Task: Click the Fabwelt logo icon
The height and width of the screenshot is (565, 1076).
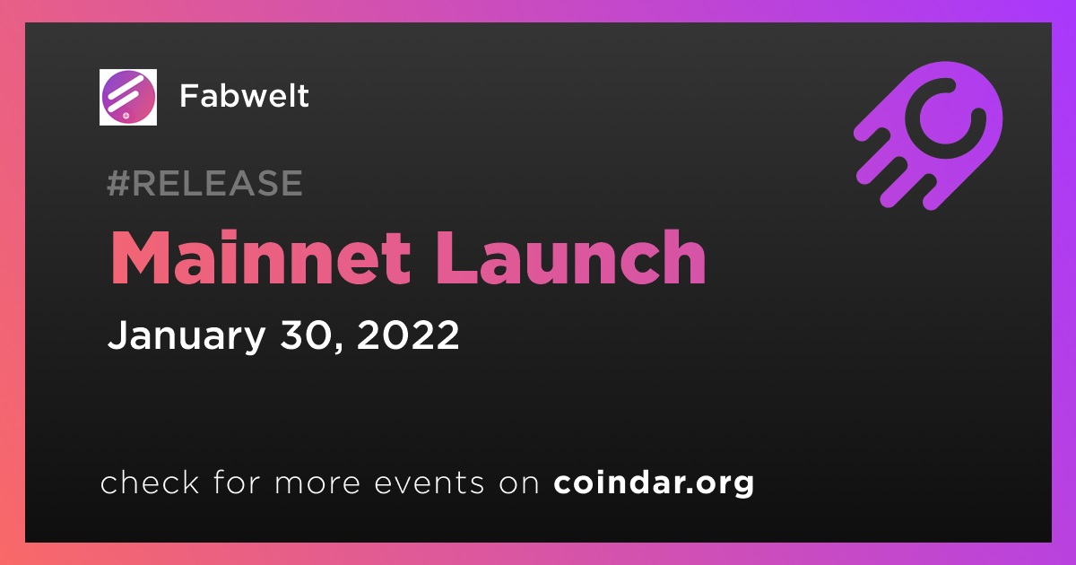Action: click(127, 97)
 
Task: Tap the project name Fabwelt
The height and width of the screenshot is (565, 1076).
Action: click(244, 96)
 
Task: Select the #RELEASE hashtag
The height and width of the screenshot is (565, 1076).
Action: click(204, 183)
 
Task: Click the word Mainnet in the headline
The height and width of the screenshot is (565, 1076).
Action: click(260, 257)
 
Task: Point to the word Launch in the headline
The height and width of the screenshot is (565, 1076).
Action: click(570, 257)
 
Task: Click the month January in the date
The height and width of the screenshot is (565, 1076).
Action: click(187, 335)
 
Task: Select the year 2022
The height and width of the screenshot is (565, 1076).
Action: click(408, 334)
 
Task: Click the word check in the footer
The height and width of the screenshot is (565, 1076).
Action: click(150, 482)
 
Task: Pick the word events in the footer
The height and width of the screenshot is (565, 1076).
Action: click(429, 482)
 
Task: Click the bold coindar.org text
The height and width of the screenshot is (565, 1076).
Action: click(654, 483)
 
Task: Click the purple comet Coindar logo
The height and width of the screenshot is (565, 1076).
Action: click(929, 135)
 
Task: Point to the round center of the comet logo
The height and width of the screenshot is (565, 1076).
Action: click(945, 117)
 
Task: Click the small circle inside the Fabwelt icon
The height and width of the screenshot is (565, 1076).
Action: click(126, 116)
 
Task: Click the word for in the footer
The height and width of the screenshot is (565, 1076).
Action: click(237, 482)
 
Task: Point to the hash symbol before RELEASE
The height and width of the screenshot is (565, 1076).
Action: click(117, 183)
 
